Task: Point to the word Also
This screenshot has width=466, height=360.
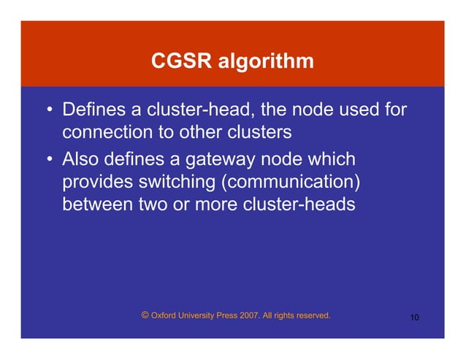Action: (x=83, y=158)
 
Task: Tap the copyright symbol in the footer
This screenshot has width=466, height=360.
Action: (x=145, y=315)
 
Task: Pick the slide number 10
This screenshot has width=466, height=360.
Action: (x=414, y=318)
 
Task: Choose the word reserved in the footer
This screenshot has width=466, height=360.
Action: (x=312, y=316)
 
